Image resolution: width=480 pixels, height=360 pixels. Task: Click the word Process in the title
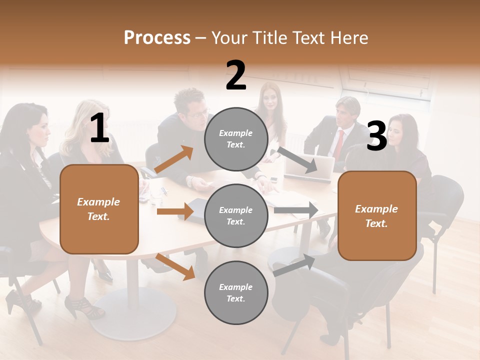(x=157, y=38)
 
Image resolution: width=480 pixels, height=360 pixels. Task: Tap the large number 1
(x=99, y=128)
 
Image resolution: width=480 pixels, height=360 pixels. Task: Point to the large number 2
(x=236, y=75)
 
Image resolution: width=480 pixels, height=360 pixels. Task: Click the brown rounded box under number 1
(x=99, y=209)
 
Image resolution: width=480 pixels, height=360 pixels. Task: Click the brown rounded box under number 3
(x=377, y=216)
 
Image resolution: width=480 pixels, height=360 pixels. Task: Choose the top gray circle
(x=236, y=139)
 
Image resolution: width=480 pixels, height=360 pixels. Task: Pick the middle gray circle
(x=236, y=215)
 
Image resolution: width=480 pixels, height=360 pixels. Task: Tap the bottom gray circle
(x=236, y=292)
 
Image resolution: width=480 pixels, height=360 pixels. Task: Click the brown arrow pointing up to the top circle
(x=174, y=159)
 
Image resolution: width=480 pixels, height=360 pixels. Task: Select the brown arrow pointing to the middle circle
(x=175, y=211)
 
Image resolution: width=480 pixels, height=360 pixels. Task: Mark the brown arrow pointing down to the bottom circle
(x=175, y=266)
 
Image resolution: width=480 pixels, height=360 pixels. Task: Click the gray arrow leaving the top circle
(x=298, y=160)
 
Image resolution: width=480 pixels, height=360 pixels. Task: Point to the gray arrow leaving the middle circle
(x=296, y=210)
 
